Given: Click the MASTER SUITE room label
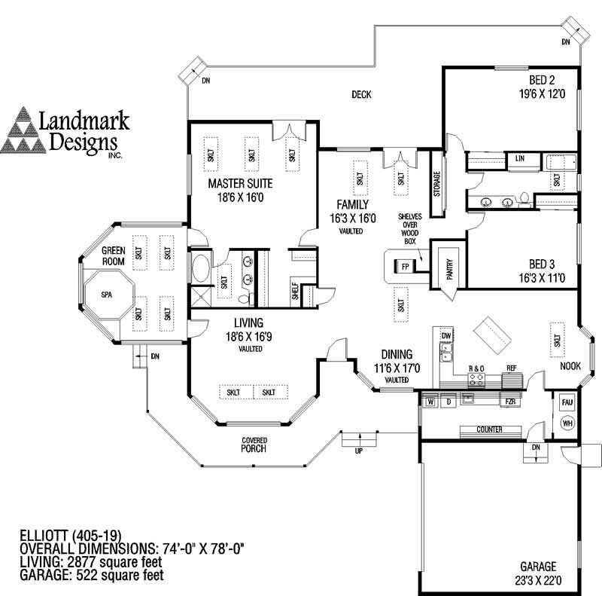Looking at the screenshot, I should coord(240,183).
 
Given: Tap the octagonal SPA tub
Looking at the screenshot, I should coord(106,295).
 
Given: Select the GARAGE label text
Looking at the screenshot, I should coord(537,566).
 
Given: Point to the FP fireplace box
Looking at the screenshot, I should coord(405,267).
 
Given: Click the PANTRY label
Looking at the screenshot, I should coord(449,267).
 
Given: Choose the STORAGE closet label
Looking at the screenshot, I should coord(437,184).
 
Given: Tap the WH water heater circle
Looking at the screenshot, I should coord(567,423).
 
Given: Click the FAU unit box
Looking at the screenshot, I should coord(567,403).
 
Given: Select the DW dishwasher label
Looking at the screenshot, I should coord(445,335).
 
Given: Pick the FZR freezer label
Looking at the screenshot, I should coord(509,402).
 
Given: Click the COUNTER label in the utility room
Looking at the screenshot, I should coord(489,429).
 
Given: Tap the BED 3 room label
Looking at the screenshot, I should coord(542,264).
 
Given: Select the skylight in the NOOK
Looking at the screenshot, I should coord(558,335).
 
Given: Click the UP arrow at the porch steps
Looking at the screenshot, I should coord(358,451).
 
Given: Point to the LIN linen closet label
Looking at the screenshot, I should coord(519,159).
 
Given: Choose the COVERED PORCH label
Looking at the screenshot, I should coord(254,445).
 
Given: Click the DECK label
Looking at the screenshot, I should coord(363,94).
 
